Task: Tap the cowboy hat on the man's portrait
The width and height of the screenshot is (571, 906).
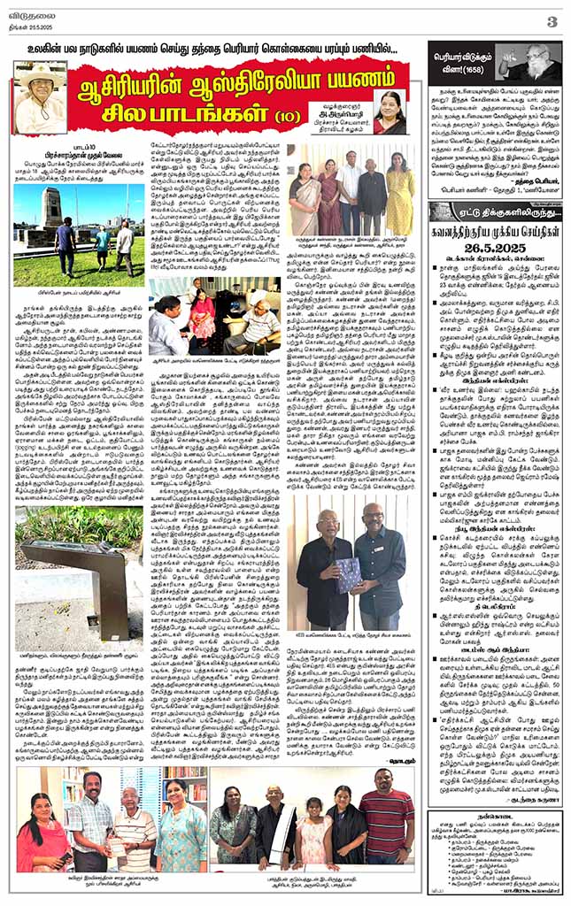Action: click(x=39, y=73)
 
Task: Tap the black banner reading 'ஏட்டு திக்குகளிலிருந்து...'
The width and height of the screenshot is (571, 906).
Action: click(x=494, y=212)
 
